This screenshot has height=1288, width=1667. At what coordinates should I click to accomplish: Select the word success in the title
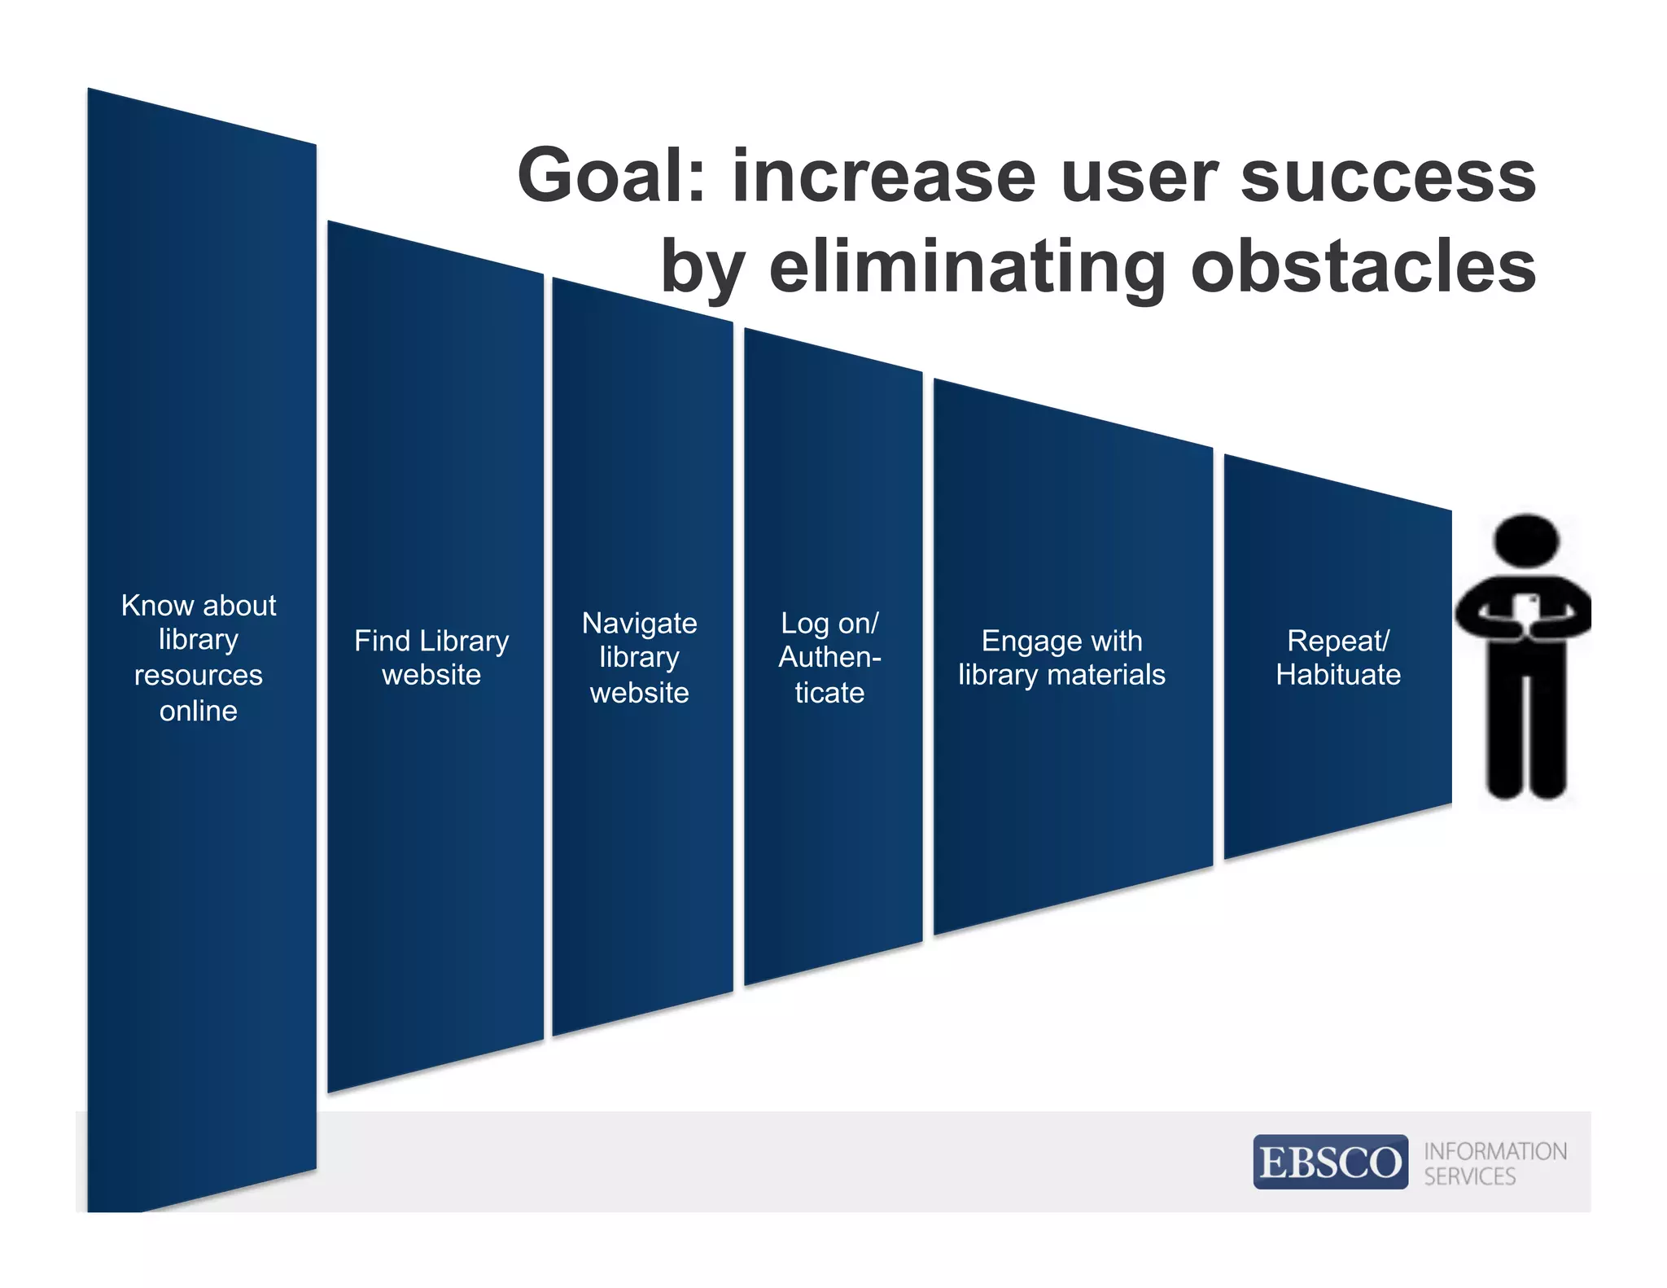tap(1387, 177)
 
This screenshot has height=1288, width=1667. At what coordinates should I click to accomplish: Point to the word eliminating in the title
tap(968, 267)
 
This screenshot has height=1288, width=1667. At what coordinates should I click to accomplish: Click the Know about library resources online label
tap(199, 658)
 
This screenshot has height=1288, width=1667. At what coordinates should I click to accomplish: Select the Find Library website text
tap(431, 658)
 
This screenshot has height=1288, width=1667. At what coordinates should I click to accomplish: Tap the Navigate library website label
tap(640, 658)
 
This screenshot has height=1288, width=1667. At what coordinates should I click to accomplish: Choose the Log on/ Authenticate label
tap(829, 658)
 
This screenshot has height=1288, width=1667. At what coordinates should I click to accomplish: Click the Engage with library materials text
tap(1061, 658)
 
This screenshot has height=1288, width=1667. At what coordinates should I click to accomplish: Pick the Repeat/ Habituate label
tap(1338, 658)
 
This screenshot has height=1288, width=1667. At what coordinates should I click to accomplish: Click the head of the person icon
tap(1526, 540)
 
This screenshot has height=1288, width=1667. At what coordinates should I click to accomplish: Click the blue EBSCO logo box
tap(1330, 1162)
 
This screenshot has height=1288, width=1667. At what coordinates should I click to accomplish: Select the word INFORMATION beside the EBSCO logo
tap(1494, 1151)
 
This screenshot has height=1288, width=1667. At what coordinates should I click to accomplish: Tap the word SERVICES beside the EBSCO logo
tap(1469, 1176)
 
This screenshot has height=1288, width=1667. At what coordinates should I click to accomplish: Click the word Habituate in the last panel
tap(1338, 675)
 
